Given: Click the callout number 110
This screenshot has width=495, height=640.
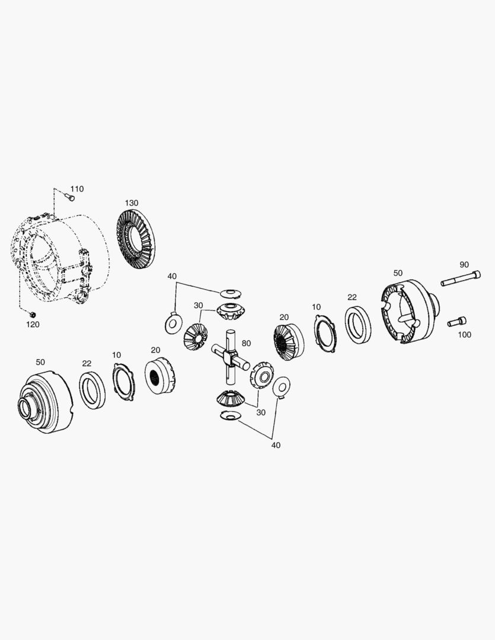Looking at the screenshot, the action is click(x=77, y=189).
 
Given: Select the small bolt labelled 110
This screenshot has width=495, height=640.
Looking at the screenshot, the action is click(x=70, y=197).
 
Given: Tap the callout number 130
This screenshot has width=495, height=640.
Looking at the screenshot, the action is click(x=132, y=203).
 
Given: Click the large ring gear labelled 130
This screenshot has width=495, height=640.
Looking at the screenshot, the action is click(x=136, y=239).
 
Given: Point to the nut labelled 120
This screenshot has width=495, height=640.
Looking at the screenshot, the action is click(x=33, y=314).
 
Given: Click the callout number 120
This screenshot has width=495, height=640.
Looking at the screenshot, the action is click(x=33, y=325).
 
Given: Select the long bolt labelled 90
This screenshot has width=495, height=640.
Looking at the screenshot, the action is click(x=461, y=278).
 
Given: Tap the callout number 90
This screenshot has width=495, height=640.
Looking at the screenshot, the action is click(x=464, y=265).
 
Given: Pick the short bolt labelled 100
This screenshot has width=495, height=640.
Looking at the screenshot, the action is click(x=457, y=322).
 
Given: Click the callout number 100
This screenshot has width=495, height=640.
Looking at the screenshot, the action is click(x=464, y=335).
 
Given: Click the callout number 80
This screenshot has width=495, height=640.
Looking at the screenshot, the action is click(x=246, y=343).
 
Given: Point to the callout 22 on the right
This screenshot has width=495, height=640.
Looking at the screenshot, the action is click(x=352, y=297).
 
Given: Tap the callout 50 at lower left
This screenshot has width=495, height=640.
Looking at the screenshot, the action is click(x=40, y=362).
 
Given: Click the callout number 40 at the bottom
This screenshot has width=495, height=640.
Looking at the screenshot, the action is click(x=276, y=445).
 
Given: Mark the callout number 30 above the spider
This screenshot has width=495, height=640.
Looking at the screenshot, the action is click(x=198, y=305).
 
